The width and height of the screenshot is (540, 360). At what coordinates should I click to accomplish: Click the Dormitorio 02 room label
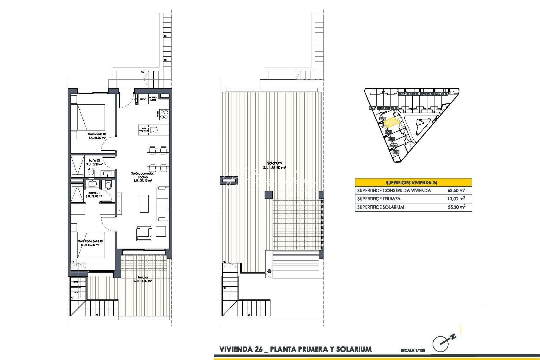pos(97,134)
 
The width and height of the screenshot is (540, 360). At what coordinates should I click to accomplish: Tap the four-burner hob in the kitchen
pos(164,114)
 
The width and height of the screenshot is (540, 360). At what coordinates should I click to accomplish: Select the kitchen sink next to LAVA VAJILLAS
pos(154,130)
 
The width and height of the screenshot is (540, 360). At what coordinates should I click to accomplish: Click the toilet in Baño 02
pos(91,173)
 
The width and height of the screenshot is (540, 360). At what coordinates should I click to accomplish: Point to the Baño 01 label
pos(94,193)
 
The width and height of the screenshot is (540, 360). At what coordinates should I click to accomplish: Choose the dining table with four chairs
pos(157,159)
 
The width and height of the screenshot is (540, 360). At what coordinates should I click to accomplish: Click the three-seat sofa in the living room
pos(163,203)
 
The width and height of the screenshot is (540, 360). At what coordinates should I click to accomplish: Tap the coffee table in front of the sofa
pos(144,203)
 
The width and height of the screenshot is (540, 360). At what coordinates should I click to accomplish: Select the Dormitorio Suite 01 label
pos(90,241)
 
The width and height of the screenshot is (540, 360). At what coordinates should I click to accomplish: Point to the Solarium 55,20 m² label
pos(274,165)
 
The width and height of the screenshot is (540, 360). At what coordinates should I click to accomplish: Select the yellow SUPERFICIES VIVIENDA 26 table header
pos(413,182)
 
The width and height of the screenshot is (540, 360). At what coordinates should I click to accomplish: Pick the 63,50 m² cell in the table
pos(456,191)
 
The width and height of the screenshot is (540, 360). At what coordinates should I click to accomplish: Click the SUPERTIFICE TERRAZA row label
pos(379,199)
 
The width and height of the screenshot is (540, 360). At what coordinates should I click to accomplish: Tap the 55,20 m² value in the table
pos(456,207)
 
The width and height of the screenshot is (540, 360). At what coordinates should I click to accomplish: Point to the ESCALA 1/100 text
pos(413,350)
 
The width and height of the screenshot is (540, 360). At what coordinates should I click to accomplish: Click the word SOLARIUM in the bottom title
pos(354,349)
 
